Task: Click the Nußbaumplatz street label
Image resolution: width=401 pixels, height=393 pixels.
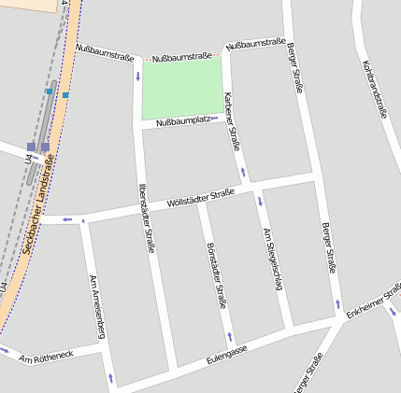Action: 182,121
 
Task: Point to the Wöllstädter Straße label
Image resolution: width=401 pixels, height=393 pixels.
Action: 200,199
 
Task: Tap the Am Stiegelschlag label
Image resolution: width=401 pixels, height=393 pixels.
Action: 272,259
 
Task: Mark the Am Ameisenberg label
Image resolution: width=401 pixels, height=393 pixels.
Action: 95,306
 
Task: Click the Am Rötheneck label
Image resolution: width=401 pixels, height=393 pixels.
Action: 45,357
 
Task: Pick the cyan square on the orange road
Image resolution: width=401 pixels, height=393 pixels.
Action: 65,94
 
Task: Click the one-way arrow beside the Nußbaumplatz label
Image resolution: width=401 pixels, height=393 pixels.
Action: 215,119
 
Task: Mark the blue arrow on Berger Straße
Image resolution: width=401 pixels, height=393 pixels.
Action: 337,304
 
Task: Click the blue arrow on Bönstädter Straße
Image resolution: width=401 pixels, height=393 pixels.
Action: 230,336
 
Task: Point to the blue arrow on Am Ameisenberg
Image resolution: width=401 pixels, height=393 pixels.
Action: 111,378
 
